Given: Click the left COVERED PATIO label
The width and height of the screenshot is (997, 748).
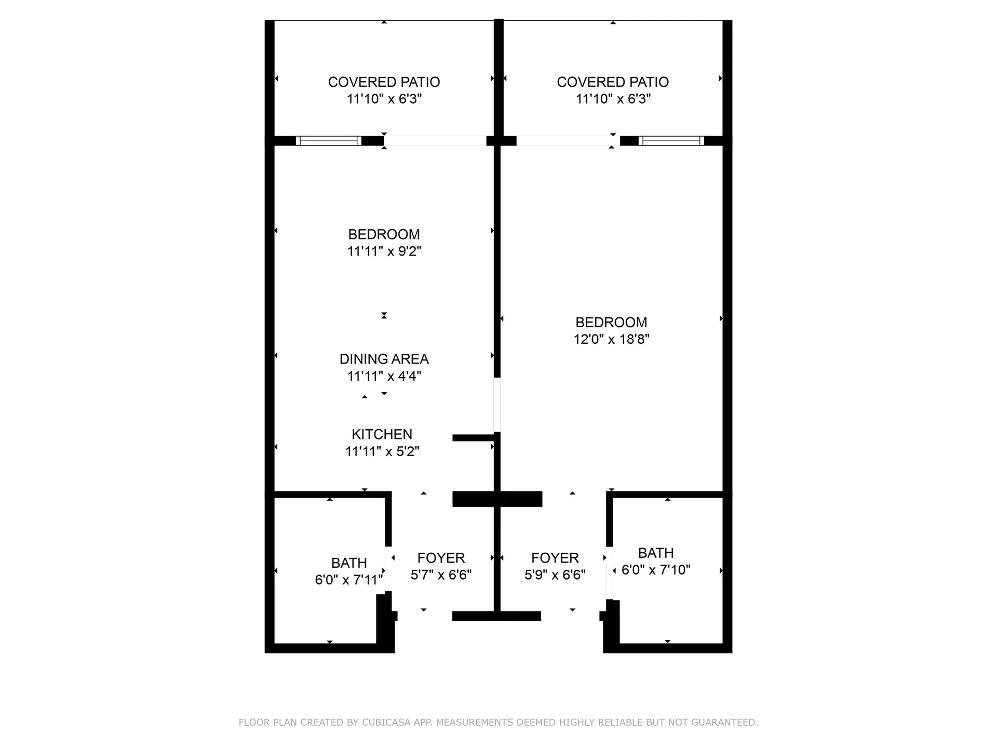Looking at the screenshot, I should tap(384, 82).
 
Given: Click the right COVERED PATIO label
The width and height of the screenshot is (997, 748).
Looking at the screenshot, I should tap(613, 82).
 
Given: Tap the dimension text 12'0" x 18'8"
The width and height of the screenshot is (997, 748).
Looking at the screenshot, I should tap(611, 339).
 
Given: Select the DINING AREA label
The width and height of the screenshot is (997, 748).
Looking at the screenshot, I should tap(384, 359).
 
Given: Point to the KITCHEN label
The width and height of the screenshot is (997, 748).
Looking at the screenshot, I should tap(382, 434).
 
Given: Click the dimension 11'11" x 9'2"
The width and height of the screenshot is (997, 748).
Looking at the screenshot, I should tap(384, 251).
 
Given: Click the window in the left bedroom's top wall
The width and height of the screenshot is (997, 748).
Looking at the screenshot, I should tap(328, 141).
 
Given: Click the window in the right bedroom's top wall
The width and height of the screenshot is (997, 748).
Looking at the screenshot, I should tap(671, 141).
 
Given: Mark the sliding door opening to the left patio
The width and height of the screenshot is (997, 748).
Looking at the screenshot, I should tap(435, 141).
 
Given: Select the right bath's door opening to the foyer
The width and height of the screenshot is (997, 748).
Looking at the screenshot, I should tap(610, 573).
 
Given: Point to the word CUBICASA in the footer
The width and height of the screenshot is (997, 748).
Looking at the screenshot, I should tap(385, 722).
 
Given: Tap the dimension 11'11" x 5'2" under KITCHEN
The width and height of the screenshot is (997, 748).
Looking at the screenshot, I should tap(382, 451).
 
